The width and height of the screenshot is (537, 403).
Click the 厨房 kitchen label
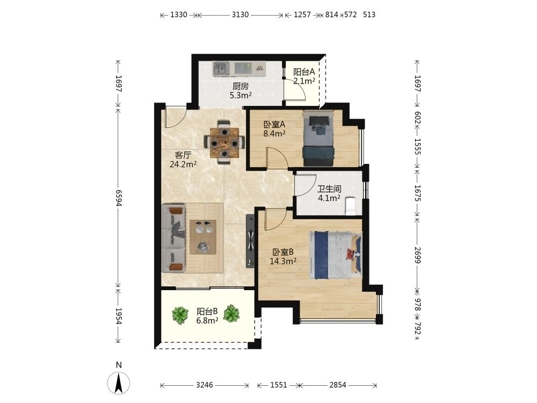[241, 87]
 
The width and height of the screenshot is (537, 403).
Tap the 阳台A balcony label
[304, 72]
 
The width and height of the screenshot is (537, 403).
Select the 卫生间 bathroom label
[329, 189]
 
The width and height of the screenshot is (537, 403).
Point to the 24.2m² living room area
[183, 164]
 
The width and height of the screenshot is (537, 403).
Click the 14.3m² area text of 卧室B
[283, 262]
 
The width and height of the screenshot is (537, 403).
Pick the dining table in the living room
[224, 142]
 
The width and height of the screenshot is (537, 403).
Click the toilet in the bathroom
[350, 206]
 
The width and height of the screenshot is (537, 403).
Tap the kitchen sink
[221, 69]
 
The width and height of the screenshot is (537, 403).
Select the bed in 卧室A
[318, 139]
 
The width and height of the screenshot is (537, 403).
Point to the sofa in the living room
[173, 238]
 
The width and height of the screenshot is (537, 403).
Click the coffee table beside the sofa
[203, 237]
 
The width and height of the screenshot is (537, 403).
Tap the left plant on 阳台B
[180, 315]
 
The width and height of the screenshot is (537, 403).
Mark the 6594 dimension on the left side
[119, 198]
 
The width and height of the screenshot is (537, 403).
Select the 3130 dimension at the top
[240, 15]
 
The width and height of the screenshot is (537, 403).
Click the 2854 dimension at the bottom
[338, 385]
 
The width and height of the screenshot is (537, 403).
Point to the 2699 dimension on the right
[417, 255]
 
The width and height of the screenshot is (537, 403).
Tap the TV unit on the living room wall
[251, 241]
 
